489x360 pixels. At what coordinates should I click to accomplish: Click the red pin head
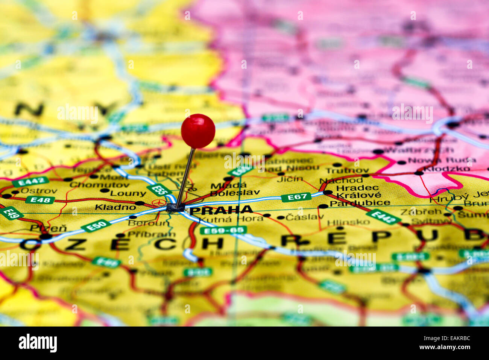point(198,131)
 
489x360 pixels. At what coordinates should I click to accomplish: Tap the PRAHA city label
point(221,210)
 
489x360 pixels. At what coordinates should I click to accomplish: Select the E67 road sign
point(296,197)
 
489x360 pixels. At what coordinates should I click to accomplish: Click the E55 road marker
point(157,189)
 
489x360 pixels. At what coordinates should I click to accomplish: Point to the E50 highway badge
point(96,226)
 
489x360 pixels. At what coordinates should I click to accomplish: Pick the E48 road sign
point(40,200)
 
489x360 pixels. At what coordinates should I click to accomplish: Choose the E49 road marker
point(11,213)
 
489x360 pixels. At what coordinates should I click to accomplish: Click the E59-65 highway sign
point(223,230)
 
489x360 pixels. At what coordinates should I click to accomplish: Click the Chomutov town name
point(94,185)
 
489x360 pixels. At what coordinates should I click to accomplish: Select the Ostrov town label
point(39,191)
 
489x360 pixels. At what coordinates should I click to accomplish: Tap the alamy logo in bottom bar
point(38,343)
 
